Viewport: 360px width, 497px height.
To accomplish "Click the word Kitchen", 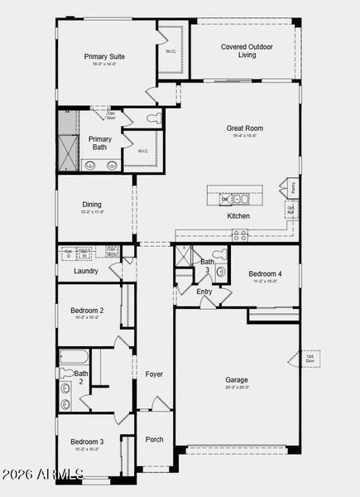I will pos(238,216).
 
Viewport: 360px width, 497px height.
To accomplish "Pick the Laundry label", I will pos(86,271).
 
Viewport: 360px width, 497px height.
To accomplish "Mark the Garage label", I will pos(237,381).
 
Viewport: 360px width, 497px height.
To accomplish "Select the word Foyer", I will pos(155,374).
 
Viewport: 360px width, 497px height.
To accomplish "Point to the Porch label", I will pos(155,439).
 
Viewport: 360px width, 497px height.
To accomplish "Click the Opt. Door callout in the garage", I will pos(309,358).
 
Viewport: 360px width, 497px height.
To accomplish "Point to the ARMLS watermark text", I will pos(43,474).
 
